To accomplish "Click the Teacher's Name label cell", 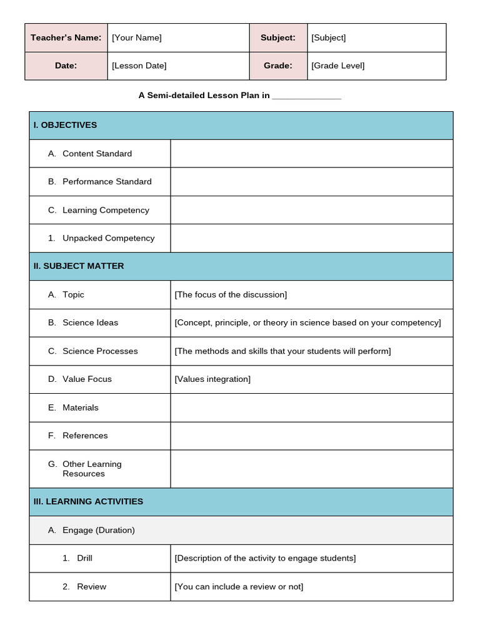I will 66,37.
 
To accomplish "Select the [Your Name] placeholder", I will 136,37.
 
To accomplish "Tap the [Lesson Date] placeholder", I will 139,66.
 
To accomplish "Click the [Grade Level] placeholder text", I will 337,66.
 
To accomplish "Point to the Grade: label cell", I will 278,66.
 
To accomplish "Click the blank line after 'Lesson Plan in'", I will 306,96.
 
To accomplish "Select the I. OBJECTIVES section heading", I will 65,125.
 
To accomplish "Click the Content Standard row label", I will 97,154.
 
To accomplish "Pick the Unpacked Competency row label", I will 108,238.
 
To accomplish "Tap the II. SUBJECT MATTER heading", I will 79,266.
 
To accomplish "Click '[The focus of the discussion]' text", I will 231,295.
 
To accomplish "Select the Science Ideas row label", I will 90,323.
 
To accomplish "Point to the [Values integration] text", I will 212,379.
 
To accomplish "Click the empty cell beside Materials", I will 311,407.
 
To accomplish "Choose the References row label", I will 85,436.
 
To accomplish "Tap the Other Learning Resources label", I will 92,469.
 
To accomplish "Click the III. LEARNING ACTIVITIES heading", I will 88,502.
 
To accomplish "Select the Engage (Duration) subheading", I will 98,531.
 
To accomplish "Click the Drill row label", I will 84,558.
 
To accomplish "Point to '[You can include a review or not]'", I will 239,587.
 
